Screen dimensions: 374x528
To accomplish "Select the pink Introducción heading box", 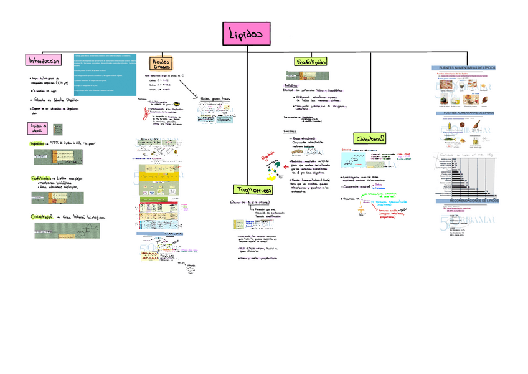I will pos(42,60).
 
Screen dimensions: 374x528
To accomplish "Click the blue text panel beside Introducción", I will pos(104,75).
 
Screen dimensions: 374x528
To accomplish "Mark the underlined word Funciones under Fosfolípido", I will pos(290,132).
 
